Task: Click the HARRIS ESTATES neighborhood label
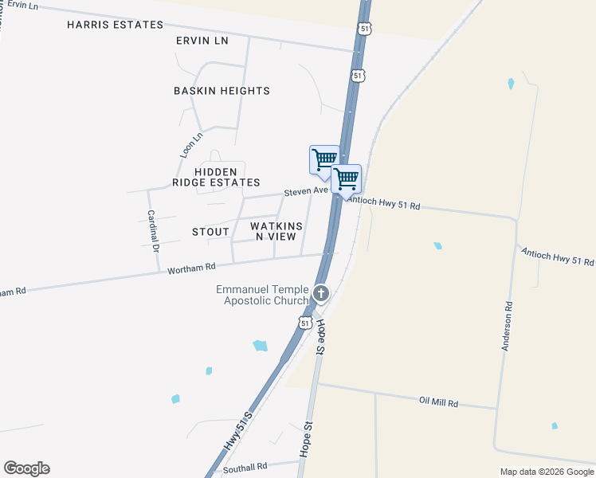[115, 25]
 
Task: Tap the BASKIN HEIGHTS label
[222, 91]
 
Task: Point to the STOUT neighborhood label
[210, 232]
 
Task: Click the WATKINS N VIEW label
[276, 231]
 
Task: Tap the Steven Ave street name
[307, 192]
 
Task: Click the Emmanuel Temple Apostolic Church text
[262, 295]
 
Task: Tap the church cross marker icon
[320, 293]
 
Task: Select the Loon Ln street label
[186, 144]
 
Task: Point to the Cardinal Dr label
[152, 232]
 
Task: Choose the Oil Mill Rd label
[438, 402]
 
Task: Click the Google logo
[26, 468]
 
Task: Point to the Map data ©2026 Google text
[547, 472]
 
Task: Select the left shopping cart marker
[323, 159]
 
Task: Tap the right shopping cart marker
[346, 178]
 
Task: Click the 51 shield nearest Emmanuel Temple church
[305, 323]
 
